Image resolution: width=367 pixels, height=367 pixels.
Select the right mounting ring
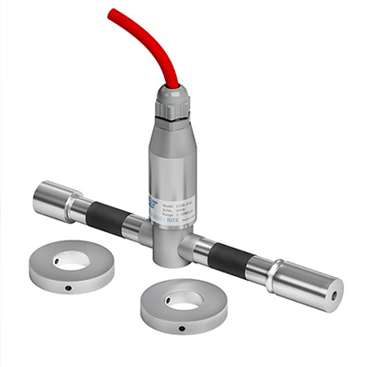click(x=183, y=306)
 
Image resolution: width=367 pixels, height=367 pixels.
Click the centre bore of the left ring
click(x=71, y=261)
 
